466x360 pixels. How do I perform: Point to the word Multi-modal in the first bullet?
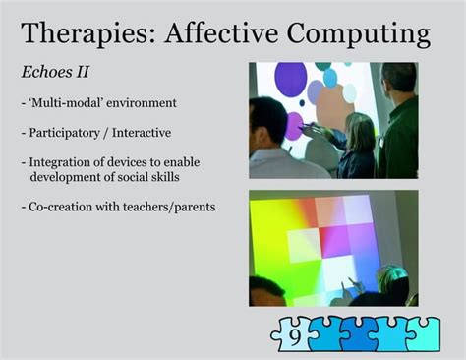pos(66,102)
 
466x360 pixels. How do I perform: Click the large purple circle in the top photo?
pos(290,80)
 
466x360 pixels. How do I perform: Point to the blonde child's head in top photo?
pos(358,129)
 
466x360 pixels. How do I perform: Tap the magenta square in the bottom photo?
pos(337,240)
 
